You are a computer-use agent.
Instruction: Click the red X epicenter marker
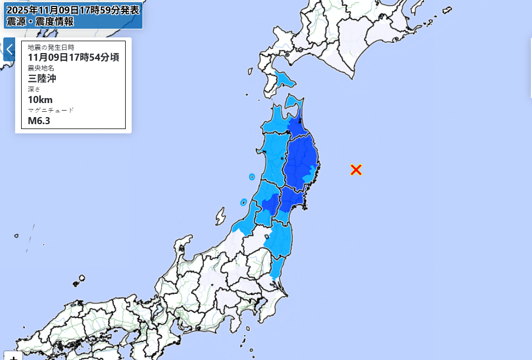point(356,170)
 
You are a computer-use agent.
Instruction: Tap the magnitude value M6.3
point(39,120)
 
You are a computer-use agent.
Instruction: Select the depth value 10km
point(40,99)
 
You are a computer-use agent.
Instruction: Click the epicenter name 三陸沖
point(42,78)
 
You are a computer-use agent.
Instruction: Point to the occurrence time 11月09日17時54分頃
point(73,57)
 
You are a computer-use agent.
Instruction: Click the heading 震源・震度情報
point(40,22)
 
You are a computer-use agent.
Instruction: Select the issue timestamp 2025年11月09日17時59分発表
point(73,9)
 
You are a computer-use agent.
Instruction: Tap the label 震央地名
point(41,68)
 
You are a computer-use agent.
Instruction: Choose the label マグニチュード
point(51,110)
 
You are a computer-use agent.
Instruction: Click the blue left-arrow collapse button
point(9,49)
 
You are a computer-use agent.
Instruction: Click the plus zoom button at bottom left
point(13,356)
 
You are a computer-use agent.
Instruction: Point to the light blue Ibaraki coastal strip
point(277,268)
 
